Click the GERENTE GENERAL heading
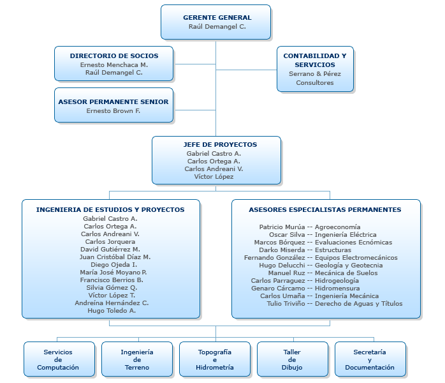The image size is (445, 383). tap(217, 17)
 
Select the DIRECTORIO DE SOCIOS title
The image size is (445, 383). tap(114, 56)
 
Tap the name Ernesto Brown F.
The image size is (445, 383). tap(113, 111)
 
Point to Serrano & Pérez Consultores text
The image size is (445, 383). tap(315, 79)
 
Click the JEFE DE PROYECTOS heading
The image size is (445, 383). tap(216, 145)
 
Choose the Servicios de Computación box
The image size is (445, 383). tap(58, 359)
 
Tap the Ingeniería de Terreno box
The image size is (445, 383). tap(137, 359)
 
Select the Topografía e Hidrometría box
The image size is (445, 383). tap(215, 359)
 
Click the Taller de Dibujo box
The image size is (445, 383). tap(292, 359)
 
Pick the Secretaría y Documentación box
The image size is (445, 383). tap(370, 359)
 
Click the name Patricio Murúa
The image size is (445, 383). tap(282, 227)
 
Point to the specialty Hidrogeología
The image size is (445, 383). tap(337, 280)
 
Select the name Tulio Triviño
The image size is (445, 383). tap(286, 303)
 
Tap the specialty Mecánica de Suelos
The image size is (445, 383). tap(346, 273)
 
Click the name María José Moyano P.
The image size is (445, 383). tap(110, 273)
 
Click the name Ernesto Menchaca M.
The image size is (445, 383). tap(114, 65)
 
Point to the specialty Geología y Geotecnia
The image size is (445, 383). tap(349, 265)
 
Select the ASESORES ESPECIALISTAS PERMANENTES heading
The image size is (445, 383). tap(325, 209)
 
